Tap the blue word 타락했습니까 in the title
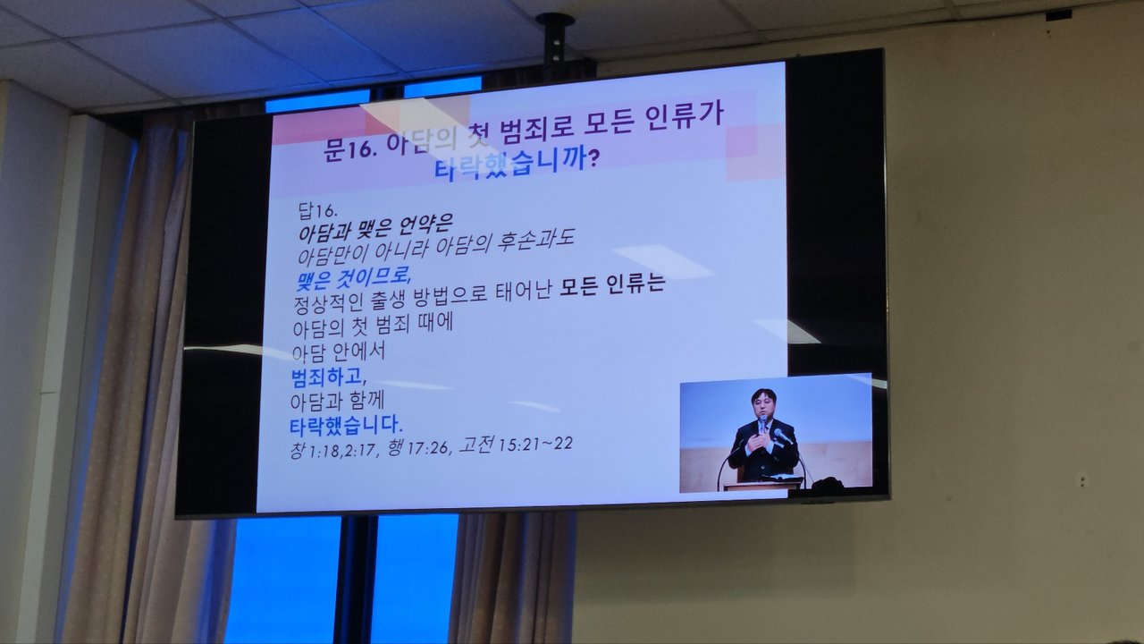[509, 163]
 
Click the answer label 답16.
[316, 210]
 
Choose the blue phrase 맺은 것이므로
[353, 278]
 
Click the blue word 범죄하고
[328, 377]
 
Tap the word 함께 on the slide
[367, 400]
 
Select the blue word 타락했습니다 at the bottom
[346, 425]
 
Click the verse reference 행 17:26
[418, 447]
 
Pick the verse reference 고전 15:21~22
[516, 444]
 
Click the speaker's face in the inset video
[763, 406]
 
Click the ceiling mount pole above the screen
[555, 46]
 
